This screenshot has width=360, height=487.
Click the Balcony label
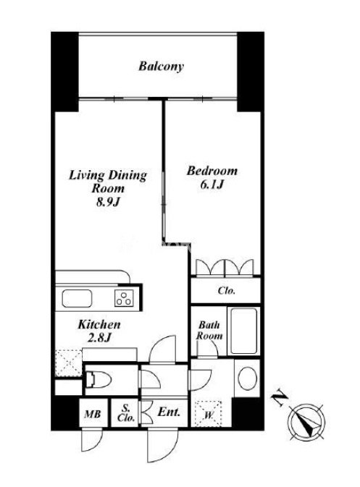click(161, 66)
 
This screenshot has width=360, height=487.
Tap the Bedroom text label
click(212, 171)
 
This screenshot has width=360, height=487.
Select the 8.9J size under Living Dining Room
click(107, 202)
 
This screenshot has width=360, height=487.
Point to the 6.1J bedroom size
click(212, 185)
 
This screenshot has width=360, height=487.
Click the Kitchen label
click(99, 325)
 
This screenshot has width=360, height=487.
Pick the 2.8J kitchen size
click(99, 338)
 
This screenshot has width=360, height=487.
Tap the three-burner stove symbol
click(124, 298)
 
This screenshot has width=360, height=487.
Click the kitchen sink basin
click(77, 298)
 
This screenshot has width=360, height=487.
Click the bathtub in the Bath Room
click(244, 331)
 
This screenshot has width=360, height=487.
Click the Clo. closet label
click(226, 291)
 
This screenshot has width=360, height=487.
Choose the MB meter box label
click(92, 414)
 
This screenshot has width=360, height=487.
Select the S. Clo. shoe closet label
click(126, 413)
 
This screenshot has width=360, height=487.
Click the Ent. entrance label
click(169, 412)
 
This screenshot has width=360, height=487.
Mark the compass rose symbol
click(306, 422)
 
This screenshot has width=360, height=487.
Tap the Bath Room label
click(209, 331)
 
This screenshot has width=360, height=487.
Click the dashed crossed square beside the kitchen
click(69, 363)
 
